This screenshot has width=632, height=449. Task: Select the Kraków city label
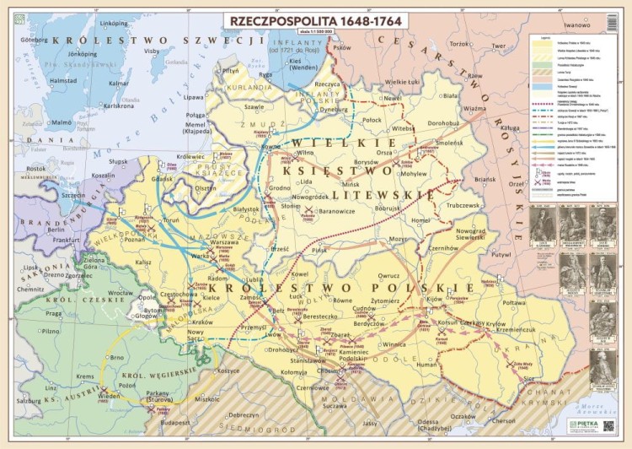pyautogui.click(x=202, y=322)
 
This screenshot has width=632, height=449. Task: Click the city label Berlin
pyautogui.click(x=56, y=229)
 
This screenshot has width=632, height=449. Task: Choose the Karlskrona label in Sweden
pyautogui.click(x=118, y=106)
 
